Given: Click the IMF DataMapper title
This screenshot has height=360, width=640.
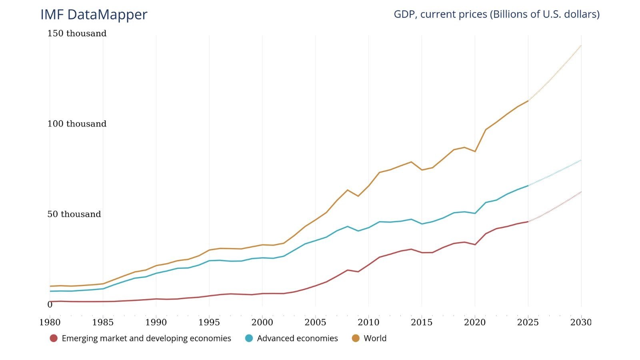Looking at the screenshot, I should tap(94, 14).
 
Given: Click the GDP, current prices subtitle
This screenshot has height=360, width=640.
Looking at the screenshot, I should tap(496, 14).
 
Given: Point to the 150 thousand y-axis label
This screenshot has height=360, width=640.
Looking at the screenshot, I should tap(77, 34).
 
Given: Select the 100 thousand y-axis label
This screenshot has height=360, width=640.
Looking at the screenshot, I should tap(77, 124).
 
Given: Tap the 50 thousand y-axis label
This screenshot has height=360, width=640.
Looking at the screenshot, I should tap(74, 214).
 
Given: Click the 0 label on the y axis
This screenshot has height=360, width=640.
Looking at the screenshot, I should tap(50, 305).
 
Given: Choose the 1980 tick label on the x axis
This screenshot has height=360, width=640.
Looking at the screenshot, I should tap(50, 322).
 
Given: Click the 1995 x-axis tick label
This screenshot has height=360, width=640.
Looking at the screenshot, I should tap(209, 322).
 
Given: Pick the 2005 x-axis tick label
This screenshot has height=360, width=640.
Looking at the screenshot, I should tap(315, 322).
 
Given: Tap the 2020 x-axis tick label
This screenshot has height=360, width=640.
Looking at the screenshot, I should tap(475, 322).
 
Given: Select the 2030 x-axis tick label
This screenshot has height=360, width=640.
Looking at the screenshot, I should tap(581, 322).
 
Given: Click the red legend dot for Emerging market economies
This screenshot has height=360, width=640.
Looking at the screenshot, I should tap(54, 338).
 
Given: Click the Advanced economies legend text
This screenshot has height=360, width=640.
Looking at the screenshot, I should tap(297, 338).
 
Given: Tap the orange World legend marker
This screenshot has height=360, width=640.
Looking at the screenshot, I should tap(356, 338).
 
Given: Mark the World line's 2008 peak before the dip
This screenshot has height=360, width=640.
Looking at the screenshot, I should tap(347, 190).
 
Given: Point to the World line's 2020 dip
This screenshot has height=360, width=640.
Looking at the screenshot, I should tap(475, 152).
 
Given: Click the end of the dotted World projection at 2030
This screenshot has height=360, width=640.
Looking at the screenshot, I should tap(581, 46).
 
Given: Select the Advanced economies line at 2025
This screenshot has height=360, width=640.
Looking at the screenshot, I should tap(528, 186).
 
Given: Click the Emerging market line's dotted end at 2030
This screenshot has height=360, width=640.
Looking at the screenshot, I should tap(581, 192).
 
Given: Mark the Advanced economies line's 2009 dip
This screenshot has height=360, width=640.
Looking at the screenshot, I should tap(358, 231).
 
